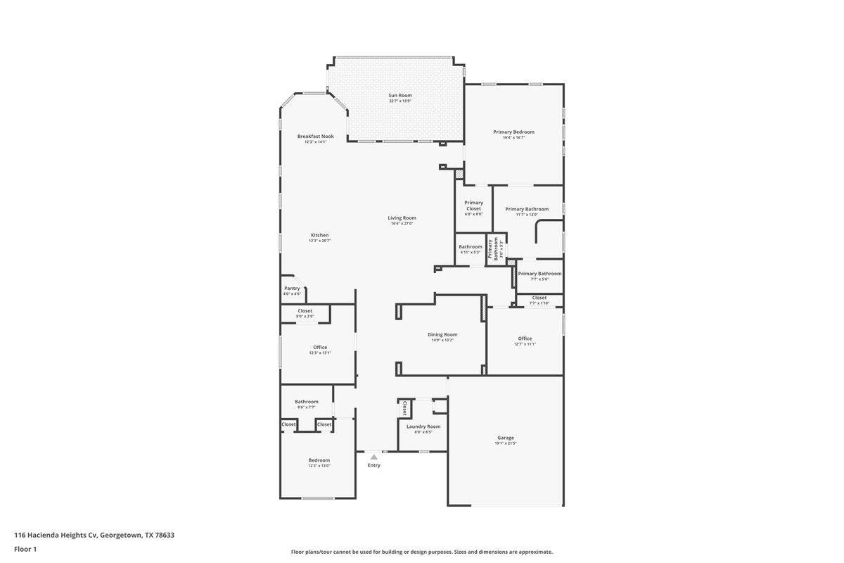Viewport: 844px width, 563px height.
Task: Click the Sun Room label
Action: click(x=400, y=95)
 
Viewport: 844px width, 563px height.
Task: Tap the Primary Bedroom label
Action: click(x=513, y=132)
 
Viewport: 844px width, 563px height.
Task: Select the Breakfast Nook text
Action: click(x=315, y=136)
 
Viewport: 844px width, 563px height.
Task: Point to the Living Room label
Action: click(x=402, y=217)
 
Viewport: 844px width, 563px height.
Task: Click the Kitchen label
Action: click(x=319, y=235)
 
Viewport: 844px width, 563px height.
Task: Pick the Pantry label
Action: click(x=292, y=288)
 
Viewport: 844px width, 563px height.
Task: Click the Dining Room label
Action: click(x=442, y=334)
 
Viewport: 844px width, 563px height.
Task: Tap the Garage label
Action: click(x=506, y=438)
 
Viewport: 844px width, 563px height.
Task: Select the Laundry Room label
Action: click(x=423, y=426)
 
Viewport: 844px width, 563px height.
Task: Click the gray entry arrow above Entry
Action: click(x=373, y=457)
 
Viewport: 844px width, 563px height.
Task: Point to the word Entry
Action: click(x=373, y=465)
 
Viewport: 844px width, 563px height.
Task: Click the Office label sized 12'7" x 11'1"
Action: click(x=525, y=339)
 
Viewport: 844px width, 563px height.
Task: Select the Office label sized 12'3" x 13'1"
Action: click(x=320, y=347)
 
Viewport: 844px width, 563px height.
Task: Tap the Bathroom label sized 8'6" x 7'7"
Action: click(x=306, y=402)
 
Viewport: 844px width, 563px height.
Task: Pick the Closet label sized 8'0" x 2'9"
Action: click(x=305, y=310)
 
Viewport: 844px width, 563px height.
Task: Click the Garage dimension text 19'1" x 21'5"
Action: click(x=506, y=444)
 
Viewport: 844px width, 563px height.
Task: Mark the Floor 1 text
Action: click(x=25, y=549)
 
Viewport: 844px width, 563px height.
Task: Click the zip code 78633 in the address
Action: click(x=165, y=535)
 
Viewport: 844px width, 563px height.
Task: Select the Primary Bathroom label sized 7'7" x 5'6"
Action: click(x=539, y=274)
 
